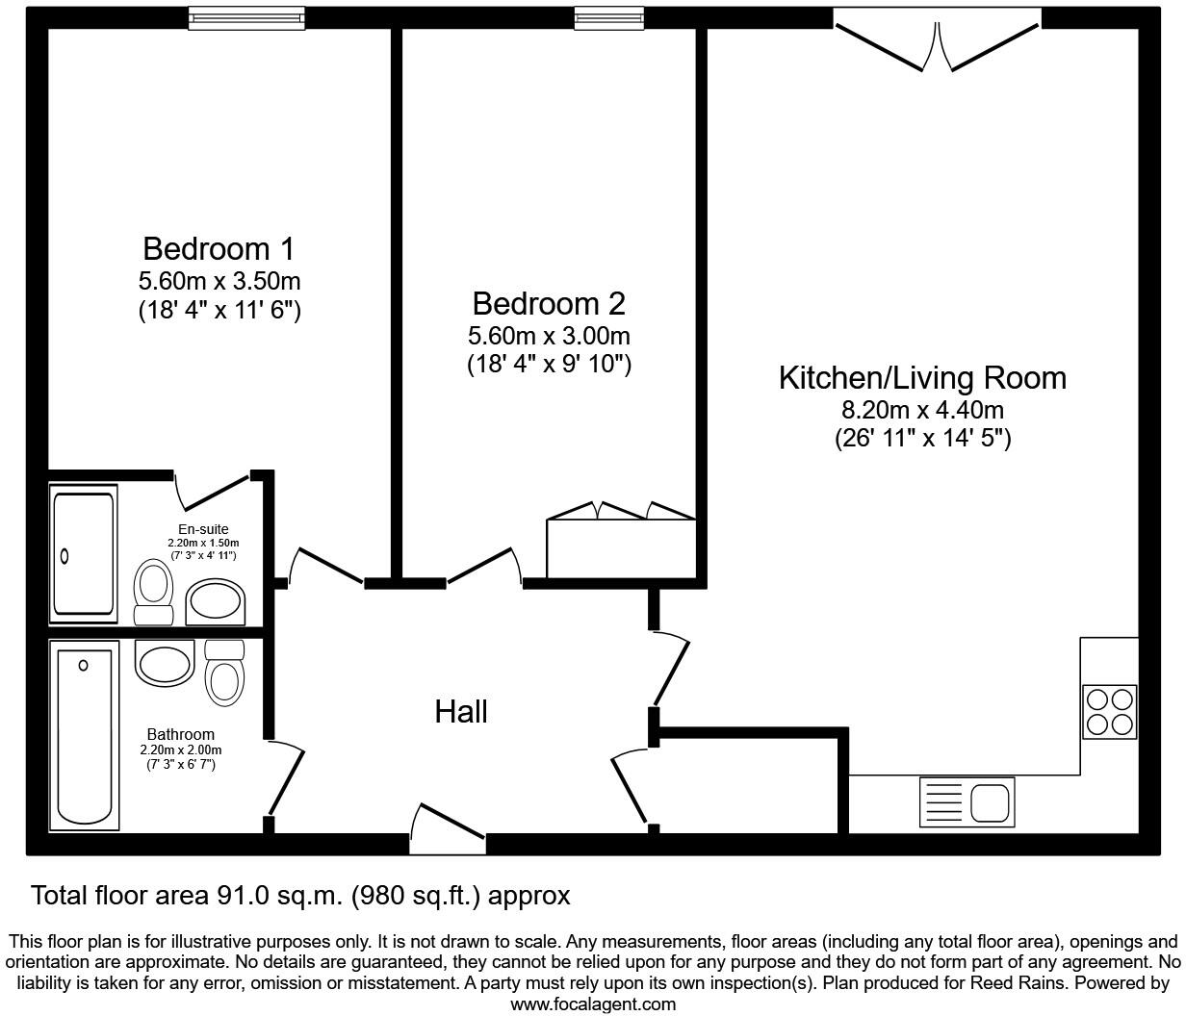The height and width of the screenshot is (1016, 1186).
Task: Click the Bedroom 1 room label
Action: pos(218,249)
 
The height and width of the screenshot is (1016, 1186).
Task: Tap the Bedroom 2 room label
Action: pos(548,304)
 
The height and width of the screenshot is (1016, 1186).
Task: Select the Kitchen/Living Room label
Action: pos(921,378)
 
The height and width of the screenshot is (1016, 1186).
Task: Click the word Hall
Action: pos(461,712)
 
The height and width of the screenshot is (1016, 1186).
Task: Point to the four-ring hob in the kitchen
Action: pos(1110,711)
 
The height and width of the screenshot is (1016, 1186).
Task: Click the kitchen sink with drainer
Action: pos(966,802)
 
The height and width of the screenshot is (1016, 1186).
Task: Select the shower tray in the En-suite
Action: pos(84,554)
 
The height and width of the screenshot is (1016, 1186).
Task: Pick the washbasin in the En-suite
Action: pos(216,601)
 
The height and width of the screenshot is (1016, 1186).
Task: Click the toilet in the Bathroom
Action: pos(225,673)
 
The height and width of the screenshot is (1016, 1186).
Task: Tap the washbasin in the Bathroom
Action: pos(165,663)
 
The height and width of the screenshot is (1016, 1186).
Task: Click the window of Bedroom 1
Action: pos(246,16)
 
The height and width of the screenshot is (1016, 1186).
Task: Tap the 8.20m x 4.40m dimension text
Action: pos(921,411)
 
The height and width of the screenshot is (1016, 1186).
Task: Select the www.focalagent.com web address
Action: pos(593,1004)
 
